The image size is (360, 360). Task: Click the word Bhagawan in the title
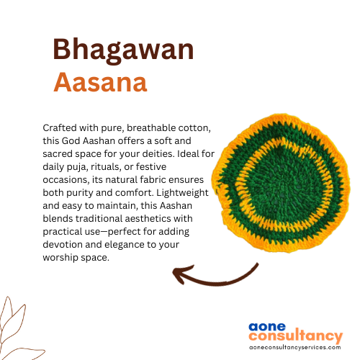[x=123, y=50]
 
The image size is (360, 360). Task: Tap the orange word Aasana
[x=100, y=82]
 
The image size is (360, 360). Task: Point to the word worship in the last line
[x=60, y=258]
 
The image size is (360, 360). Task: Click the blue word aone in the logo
[x=267, y=327]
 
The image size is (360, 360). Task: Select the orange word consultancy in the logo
[x=296, y=336]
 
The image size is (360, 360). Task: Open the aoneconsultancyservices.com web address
[x=295, y=347]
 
